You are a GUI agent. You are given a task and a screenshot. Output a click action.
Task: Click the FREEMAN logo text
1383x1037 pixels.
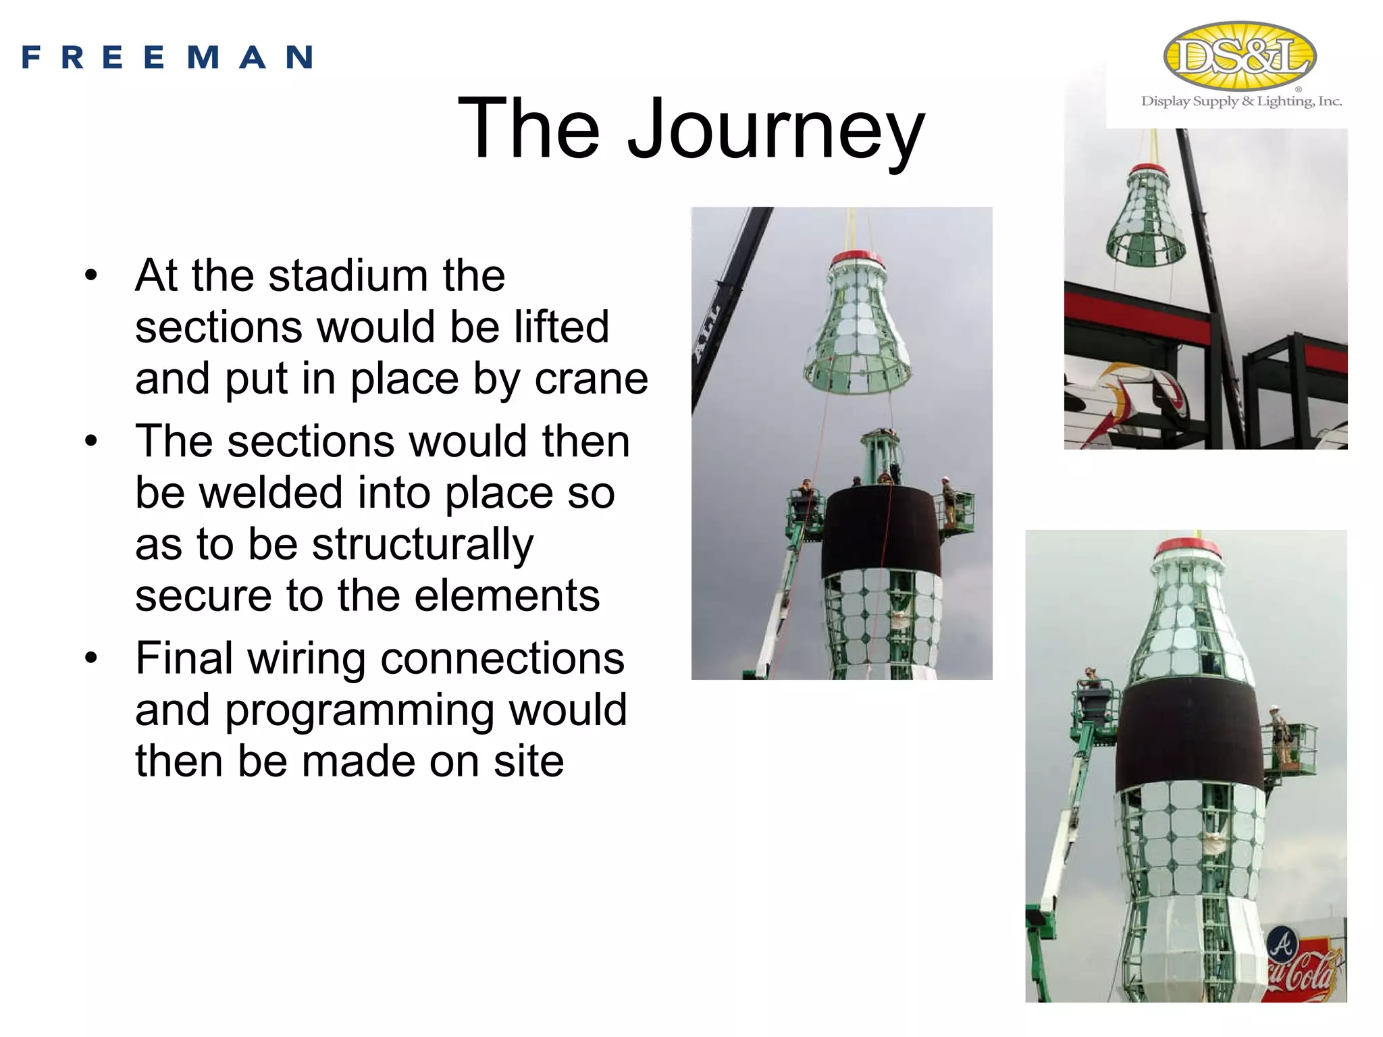(167, 57)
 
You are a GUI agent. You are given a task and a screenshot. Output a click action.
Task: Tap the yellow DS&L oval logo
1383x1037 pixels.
(1240, 56)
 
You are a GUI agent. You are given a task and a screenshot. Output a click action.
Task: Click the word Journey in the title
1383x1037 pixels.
(776, 128)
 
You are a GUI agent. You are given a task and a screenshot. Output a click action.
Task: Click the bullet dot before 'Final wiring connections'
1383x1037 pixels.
(92, 658)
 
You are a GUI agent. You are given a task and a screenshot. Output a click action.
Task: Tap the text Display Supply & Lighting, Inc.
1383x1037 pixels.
(1241, 101)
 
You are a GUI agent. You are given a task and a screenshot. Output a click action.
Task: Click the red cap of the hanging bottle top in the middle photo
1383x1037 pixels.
(857, 259)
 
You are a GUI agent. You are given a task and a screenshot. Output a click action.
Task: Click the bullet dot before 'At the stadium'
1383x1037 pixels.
(92, 276)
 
